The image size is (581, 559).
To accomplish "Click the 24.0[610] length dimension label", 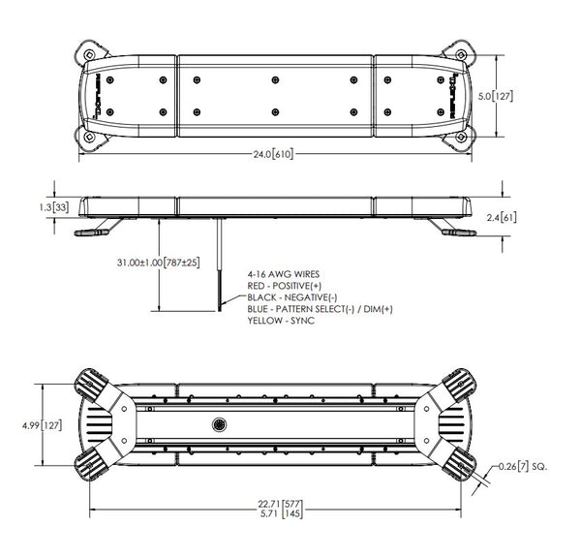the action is pyautogui.click(x=273, y=153).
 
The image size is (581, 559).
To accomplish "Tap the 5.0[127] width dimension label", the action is pyautogui.click(x=496, y=96).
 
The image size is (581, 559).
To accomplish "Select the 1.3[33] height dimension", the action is pyautogui.click(x=54, y=207).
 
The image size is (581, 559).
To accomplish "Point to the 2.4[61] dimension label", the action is pyautogui.click(x=502, y=217).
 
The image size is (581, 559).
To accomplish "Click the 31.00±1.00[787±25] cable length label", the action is pyautogui.click(x=158, y=263).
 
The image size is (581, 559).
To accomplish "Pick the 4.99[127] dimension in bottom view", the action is pyautogui.click(x=42, y=425).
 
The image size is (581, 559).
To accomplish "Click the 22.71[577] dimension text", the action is pyautogui.click(x=280, y=505).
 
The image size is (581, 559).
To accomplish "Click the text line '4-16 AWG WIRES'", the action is pyautogui.click(x=284, y=274).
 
